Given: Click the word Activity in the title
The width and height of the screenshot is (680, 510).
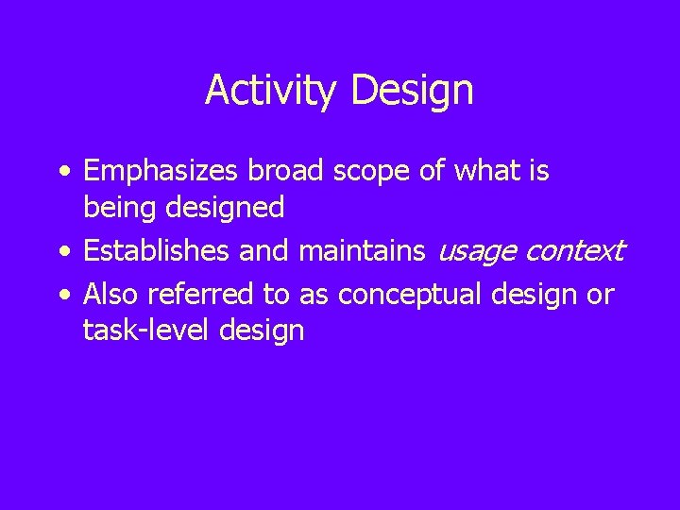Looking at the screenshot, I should [273, 92].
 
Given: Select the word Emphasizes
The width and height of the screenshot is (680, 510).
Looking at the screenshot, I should [161, 173].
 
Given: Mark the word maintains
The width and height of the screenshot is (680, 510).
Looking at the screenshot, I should [363, 251].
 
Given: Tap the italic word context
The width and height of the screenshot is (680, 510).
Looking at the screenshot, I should [576, 252].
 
